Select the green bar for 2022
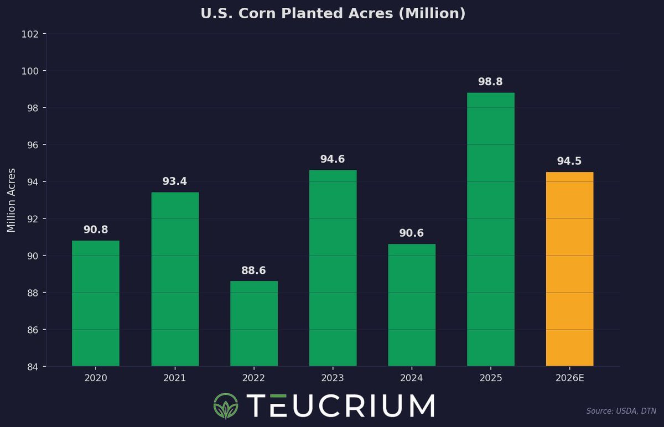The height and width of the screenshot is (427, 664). (254, 324)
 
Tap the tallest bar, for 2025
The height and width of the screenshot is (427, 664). (490, 229)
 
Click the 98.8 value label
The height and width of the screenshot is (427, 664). (490, 82)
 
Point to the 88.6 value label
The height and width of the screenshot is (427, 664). (254, 270)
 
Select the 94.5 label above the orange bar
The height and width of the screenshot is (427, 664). (569, 162)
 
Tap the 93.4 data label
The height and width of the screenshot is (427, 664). (175, 181)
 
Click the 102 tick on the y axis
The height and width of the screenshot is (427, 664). (30, 34)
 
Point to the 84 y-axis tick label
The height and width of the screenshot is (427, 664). (33, 367)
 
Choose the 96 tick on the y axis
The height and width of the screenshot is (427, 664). (33, 145)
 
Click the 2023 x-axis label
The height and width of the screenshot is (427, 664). (333, 378)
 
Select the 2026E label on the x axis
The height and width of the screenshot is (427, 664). (569, 378)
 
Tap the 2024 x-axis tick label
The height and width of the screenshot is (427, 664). (412, 378)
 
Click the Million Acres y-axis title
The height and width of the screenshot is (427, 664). (12, 200)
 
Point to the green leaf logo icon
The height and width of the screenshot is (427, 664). (225, 405)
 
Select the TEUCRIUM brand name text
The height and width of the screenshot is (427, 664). (340, 405)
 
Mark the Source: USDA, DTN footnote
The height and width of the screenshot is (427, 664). (620, 411)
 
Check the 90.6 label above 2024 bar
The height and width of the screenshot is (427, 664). (412, 233)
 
